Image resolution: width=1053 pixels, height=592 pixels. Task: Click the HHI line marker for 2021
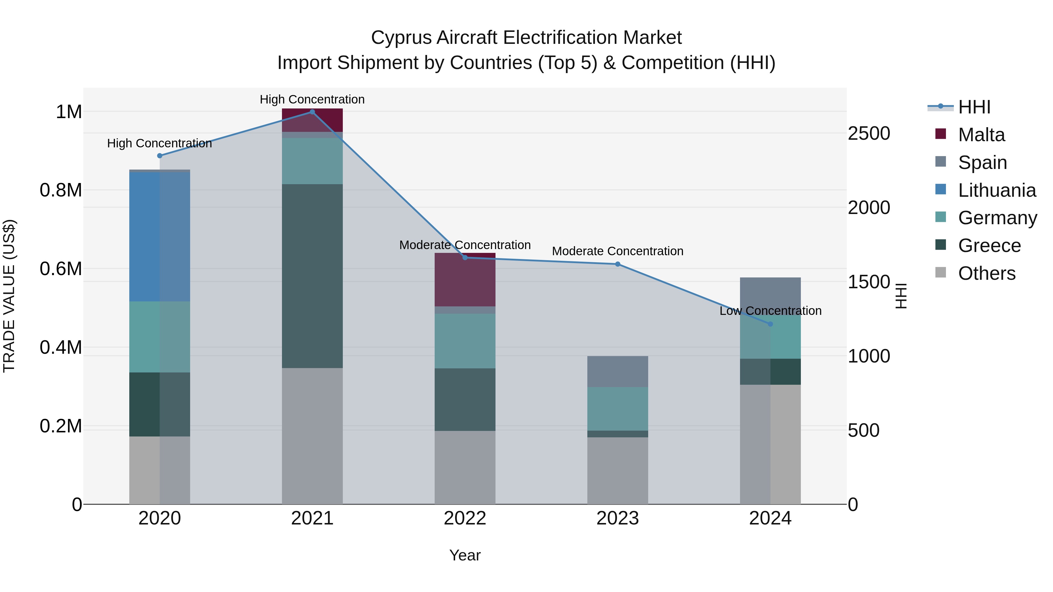pyautogui.click(x=312, y=112)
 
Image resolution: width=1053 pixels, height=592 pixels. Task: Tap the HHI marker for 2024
pyautogui.click(x=770, y=324)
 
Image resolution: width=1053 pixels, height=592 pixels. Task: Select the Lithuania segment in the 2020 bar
pyautogui.click(x=159, y=237)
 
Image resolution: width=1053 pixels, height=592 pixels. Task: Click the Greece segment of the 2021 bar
pyautogui.click(x=312, y=276)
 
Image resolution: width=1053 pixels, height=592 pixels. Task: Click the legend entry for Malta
pyautogui.click(x=981, y=135)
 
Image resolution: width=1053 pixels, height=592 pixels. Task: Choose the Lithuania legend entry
pyautogui.click(x=997, y=190)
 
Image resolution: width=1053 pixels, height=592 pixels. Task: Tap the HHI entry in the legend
pyautogui.click(x=974, y=107)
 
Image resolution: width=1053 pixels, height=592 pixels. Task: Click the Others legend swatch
pyautogui.click(x=941, y=272)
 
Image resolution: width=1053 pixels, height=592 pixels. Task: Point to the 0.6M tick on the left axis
pyautogui.click(x=61, y=269)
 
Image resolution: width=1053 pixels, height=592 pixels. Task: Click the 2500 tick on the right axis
pyautogui.click(x=869, y=134)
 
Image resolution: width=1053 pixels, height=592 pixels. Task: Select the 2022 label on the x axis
pyautogui.click(x=465, y=518)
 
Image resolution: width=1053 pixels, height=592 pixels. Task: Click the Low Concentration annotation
pyautogui.click(x=770, y=311)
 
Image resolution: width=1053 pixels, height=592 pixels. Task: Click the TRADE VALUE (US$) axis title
pyautogui.click(x=9, y=296)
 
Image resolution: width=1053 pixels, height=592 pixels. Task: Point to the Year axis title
pyautogui.click(x=465, y=556)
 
